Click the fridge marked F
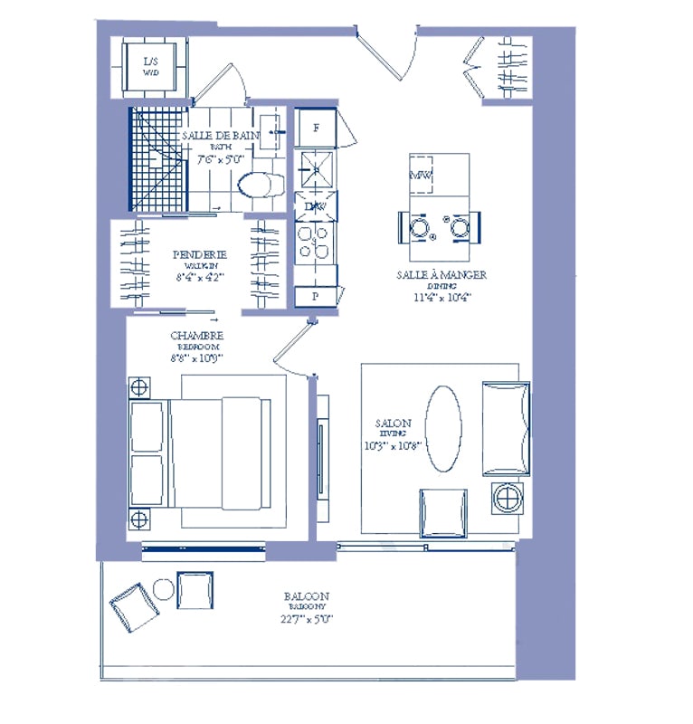pyautogui.click(x=316, y=128)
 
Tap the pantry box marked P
pyautogui.click(x=316, y=296)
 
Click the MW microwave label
pyautogui.click(x=422, y=174)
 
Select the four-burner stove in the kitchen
pyautogui.click(x=316, y=243)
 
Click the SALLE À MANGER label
pyautogui.click(x=441, y=274)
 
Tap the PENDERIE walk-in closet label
pyautogui.click(x=201, y=255)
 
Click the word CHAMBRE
pyautogui.click(x=196, y=336)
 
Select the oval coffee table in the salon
pyautogui.click(x=442, y=429)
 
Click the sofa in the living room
pyautogui.click(x=505, y=428)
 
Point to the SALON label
pyautogui.click(x=394, y=423)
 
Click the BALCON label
pyautogui.click(x=306, y=596)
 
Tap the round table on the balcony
pyautogui.click(x=164, y=590)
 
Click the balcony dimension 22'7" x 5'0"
pyautogui.click(x=308, y=620)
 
